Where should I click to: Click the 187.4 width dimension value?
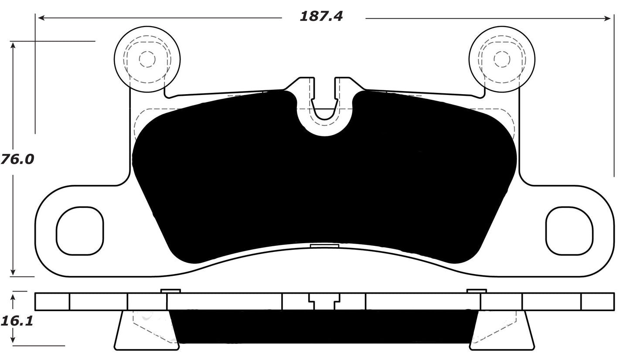pos(321,17)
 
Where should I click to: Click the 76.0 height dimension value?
pos(17,160)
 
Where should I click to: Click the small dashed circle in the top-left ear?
pos(147,59)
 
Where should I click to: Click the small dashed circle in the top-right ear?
pos(502,59)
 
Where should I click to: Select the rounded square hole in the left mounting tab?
pos(80,231)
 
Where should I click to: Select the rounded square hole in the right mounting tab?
pos(569,231)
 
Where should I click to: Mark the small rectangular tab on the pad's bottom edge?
pos(324,246)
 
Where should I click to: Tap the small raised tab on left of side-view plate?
pos(170,291)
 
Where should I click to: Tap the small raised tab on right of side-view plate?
pos(477,291)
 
